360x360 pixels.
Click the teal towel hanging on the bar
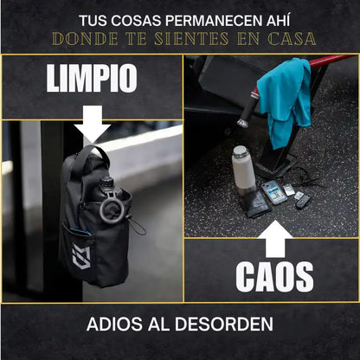pyautogui.click(x=286, y=100)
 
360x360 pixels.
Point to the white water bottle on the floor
pyautogui.click(x=243, y=170)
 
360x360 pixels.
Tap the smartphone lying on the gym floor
pyautogui.click(x=273, y=192)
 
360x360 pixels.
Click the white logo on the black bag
pyautogui.click(x=81, y=258)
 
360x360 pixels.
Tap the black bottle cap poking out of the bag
pyautogui.click(x=107, y=184)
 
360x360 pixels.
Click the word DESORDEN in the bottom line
pyautogui.click(x=233, y=326)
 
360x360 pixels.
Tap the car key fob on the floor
pyautogui.click(x=302, y=201)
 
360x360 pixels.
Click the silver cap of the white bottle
pyautogui.click(x=242, y=152)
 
